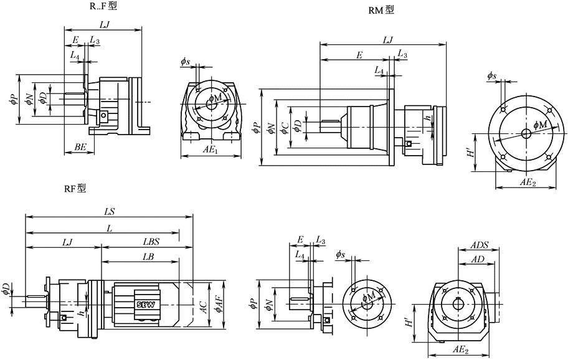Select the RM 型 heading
click(x=381, y=10)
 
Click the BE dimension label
click(x=80, y=146)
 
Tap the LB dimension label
click(x=148, y=257)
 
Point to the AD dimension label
click(x=478, y=259)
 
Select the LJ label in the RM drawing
click(x=387, y=40)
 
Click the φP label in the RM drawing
click(x=255, y=128)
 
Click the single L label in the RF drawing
click(x=110, y=229)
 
